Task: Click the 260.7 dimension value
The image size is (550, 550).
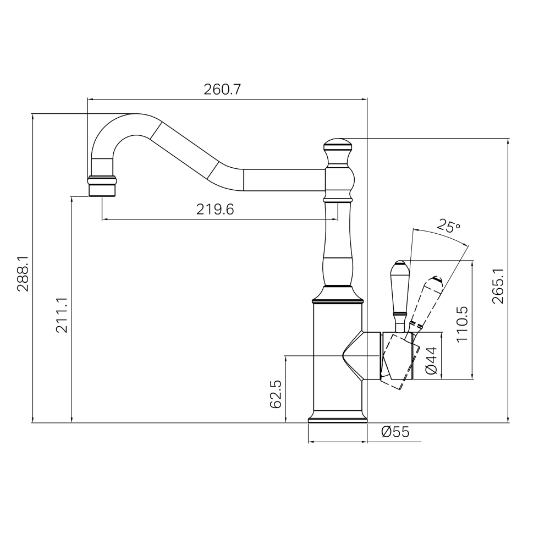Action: (x=222, y=90)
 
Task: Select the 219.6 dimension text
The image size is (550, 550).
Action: (x=215, y=210)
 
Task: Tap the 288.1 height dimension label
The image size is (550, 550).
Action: (x=24, y=274)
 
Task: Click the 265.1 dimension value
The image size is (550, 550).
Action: (x=498, y=286)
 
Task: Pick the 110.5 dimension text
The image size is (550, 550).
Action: (x=463, y=324)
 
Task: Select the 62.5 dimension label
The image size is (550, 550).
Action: (x=276, y=394)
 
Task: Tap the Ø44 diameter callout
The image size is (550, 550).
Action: (x=431, y=360)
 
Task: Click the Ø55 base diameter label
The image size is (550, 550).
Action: (x=395, y=432)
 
